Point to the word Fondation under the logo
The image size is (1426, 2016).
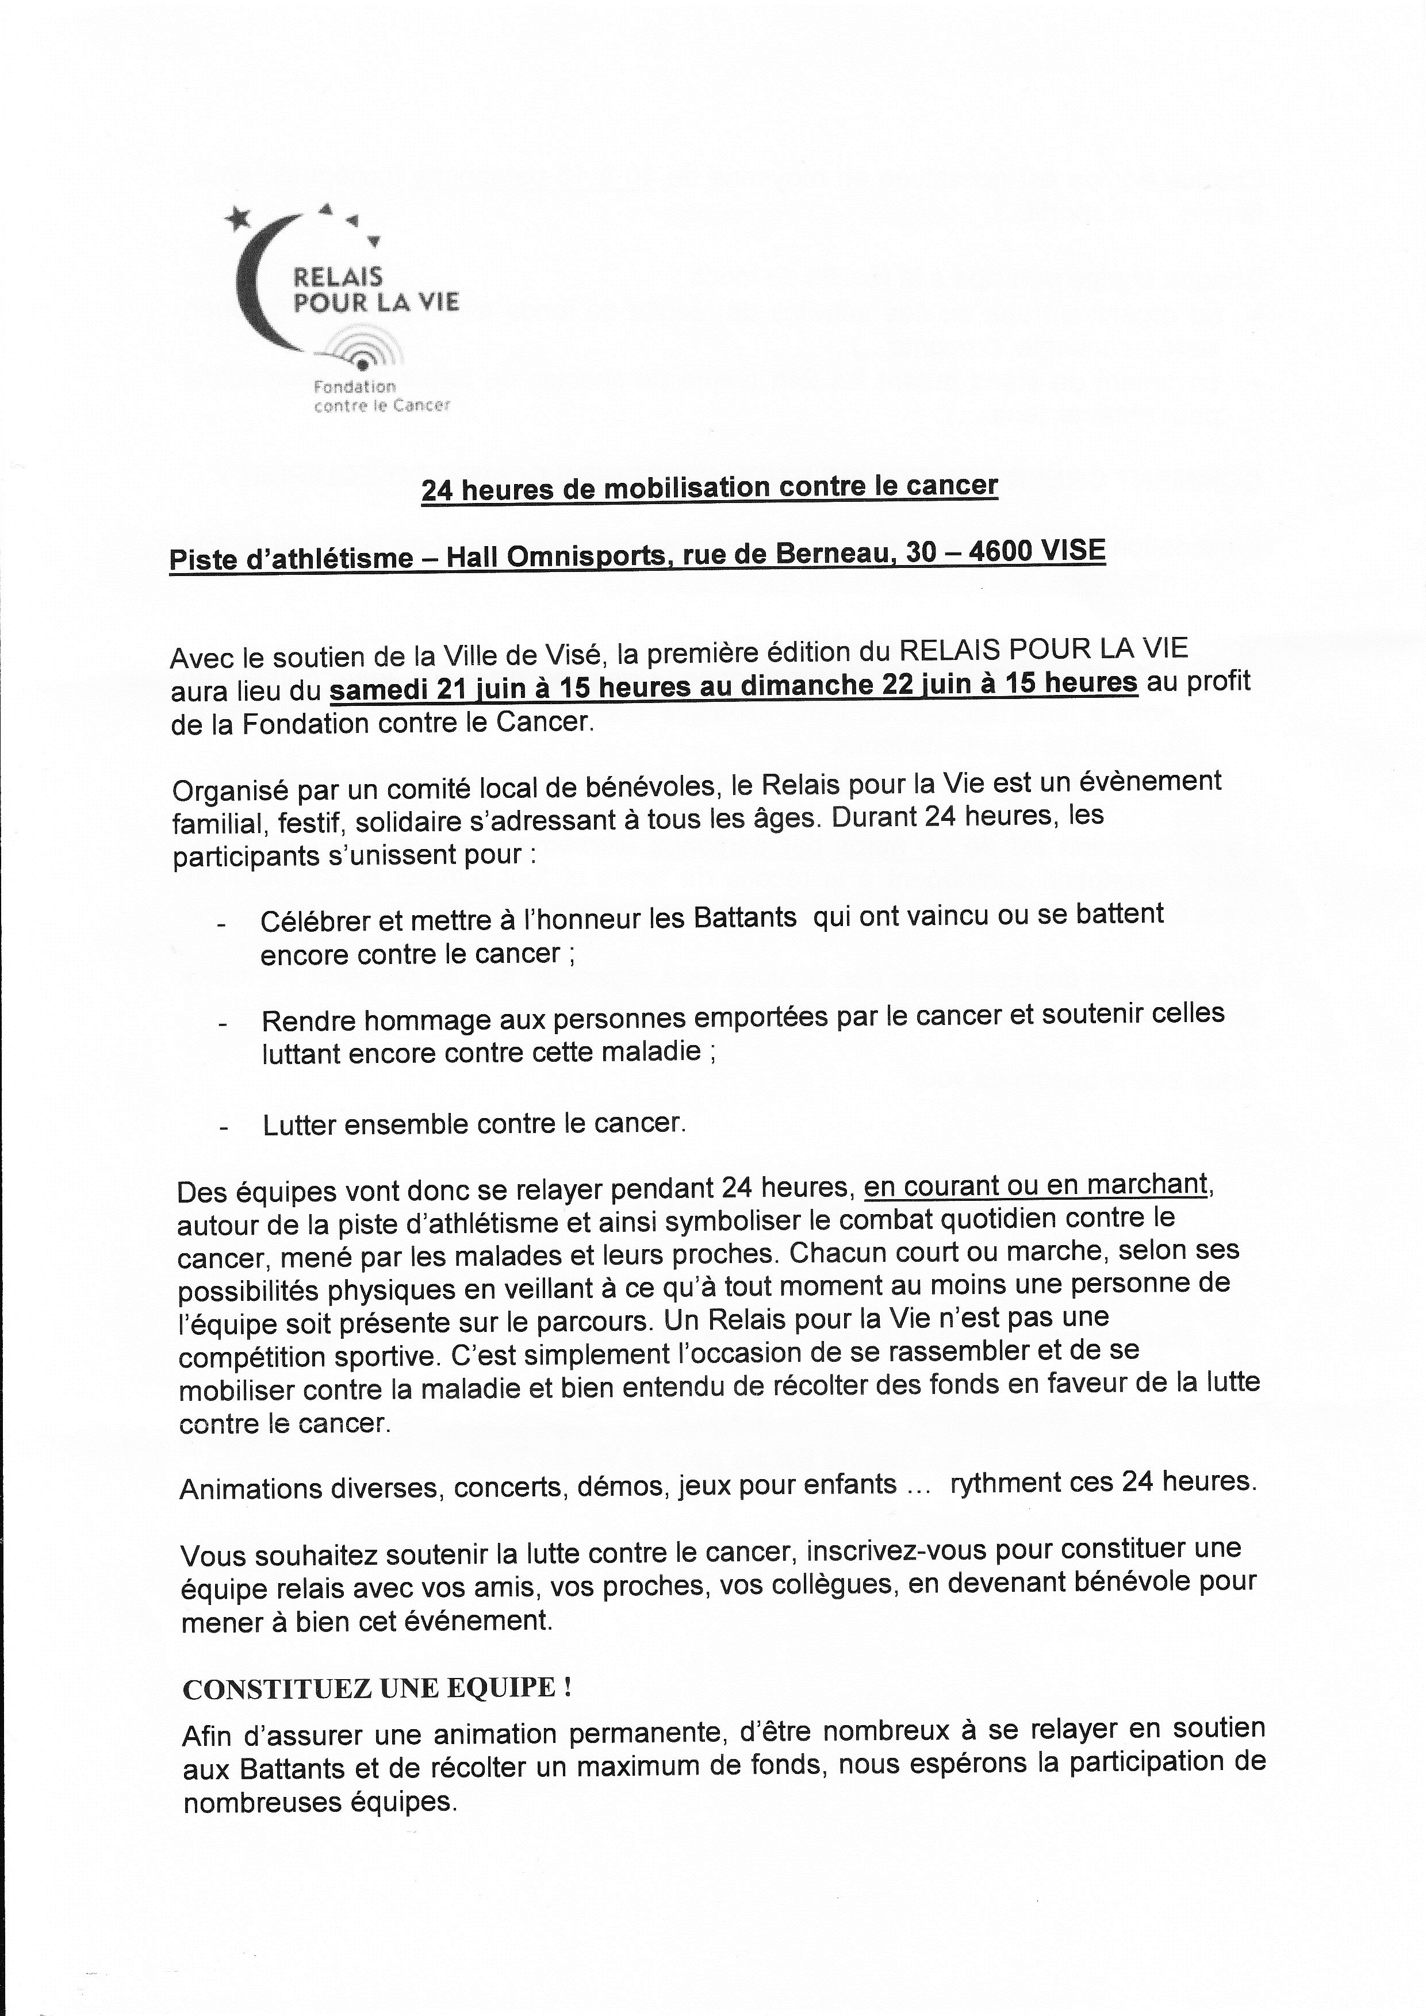(x=355, y=386)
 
